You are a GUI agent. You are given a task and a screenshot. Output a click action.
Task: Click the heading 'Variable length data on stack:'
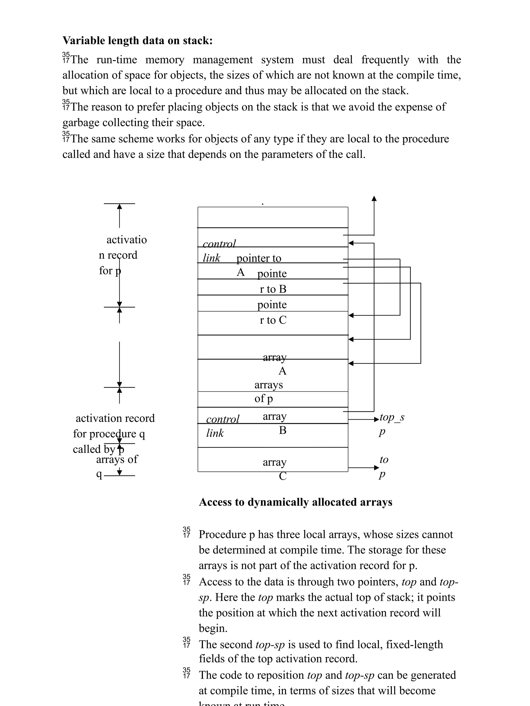click(137, 41)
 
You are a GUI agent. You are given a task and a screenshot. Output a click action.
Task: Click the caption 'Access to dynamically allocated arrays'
click(296, 502)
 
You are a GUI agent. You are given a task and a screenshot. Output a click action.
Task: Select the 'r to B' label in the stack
click(273, 289)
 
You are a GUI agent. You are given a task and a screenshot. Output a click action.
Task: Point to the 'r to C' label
click(273, 320)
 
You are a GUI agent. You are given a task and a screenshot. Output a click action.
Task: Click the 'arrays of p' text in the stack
click(268, 392)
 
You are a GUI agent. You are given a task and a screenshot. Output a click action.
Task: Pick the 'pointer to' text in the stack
click(259, 258)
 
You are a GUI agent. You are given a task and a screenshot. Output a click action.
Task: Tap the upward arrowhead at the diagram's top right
click(374, 199)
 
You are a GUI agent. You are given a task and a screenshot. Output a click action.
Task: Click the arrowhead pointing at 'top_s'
click(377, 419)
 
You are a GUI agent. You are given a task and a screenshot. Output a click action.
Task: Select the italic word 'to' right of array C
click(384, 460)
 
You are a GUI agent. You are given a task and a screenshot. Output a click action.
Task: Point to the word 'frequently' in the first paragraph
click(385, 60)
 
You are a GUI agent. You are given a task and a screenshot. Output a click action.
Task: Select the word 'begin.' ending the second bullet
click(213, 628)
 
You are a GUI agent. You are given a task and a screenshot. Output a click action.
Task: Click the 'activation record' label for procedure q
click(115, 418)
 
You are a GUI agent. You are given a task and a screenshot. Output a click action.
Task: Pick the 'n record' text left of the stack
click(118, 255)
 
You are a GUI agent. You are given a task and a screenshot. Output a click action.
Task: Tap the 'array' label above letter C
click(274, 462)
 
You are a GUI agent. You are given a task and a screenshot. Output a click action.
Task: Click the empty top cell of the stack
click(273, 217)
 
